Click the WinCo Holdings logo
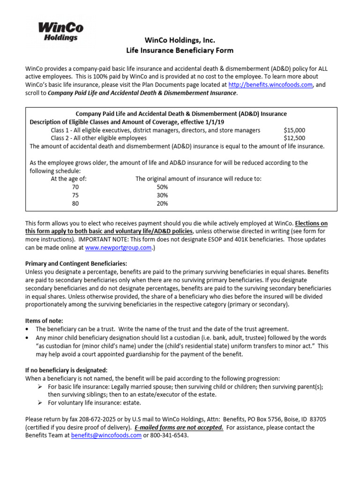point(58,32)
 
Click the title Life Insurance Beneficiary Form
point(180,50)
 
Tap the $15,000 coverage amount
point(294,130)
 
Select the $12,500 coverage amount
point(294,138)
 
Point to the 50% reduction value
point(162,187)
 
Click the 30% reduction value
point(162,195)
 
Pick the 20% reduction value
point(162,203)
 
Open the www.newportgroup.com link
point(118,248)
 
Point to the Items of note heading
point(46,321)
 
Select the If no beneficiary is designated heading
point(66,370)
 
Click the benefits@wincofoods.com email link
point(106,435)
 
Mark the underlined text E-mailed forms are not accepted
point(179,427)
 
